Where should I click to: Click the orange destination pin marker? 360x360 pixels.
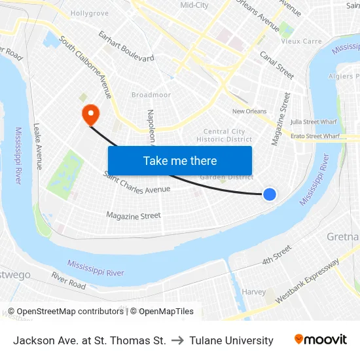tap(90, 114)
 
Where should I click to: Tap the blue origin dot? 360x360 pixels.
tap(269, 194)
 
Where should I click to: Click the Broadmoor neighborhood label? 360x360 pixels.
tap(151, 95)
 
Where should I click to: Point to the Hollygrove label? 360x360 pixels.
tap(89, 12)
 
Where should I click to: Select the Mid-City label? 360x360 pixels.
tap(194, 5)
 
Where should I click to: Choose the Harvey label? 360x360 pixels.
tap(253, 291)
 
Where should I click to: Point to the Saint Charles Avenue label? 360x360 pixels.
tap(137, 183)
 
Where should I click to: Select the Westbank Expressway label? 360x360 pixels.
tap(308, 281)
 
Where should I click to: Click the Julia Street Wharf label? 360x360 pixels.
tap(314, 121)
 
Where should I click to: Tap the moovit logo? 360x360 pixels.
tap(321, 340)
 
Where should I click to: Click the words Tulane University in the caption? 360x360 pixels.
tap(231, 340)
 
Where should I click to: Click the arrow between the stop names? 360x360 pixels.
tap(177, 340)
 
